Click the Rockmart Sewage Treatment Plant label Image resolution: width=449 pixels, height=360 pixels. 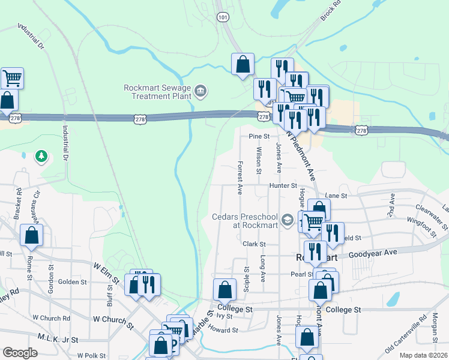(157, 91)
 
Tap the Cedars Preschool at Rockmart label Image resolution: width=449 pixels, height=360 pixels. (246, 221)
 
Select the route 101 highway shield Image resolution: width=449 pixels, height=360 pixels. (223, 17)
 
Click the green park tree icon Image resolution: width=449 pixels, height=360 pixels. (41, 157)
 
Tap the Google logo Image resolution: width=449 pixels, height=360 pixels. (20, 353)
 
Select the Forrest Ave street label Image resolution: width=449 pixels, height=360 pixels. (240, 178)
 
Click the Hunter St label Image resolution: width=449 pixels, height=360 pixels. (283, 186)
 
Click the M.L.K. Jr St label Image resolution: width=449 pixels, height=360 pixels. (58, 340)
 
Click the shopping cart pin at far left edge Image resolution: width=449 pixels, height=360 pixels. (12, 77)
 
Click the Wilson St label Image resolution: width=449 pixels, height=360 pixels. (259, 161)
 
